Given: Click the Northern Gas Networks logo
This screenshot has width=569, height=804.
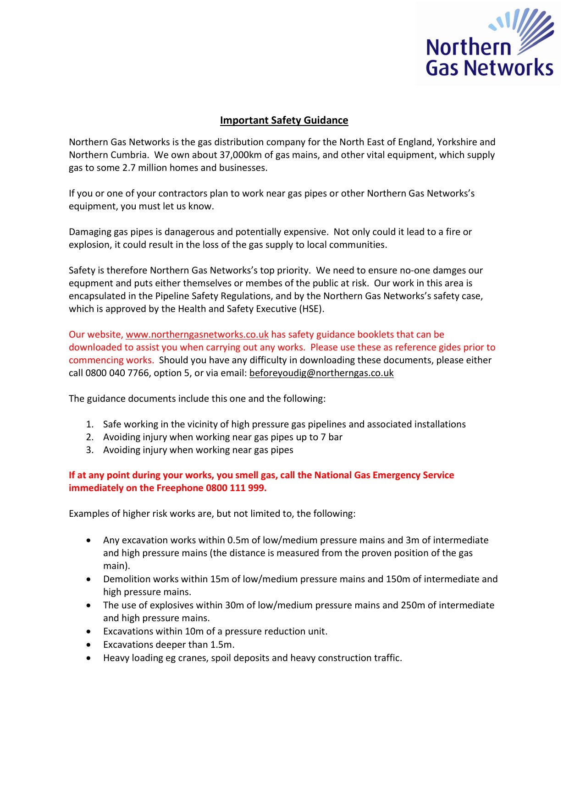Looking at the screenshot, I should pos(489,44).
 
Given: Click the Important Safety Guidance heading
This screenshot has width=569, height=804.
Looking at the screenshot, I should pos(284,120).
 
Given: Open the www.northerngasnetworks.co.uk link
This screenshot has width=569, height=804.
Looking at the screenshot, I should pos(197,334).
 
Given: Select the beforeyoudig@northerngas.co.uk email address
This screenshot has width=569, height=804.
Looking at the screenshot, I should pos(321,373).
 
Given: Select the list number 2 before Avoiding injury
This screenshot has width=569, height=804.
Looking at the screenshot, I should pos(90,437).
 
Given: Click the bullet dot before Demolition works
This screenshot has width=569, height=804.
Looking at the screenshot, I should pos(88,580).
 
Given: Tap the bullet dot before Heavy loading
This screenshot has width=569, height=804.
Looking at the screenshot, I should pos(88,658).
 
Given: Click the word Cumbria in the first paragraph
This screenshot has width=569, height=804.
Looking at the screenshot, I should pos(129,155).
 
